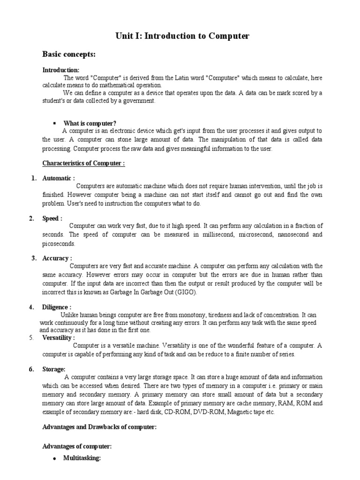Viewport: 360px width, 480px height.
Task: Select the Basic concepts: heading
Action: coord(69,55)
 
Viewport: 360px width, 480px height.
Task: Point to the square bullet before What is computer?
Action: coord(55,123)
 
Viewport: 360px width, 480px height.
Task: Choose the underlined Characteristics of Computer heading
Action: coord(83,164)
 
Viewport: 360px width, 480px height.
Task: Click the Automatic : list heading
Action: coord(58,178)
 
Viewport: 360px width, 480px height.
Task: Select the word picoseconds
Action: coord(59,244)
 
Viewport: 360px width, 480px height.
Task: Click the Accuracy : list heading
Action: coord(57,258)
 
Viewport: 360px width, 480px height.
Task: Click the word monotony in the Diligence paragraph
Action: coord(175,315)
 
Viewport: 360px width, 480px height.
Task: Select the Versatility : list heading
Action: coord(59,337)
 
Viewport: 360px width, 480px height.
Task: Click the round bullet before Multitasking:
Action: coord(55,459)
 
